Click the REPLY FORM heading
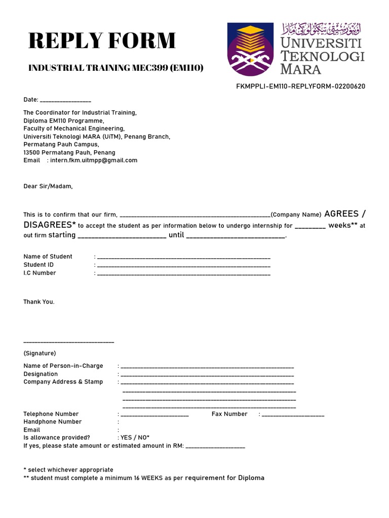(x=102, y=41)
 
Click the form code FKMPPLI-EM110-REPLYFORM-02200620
(x=300, y=87)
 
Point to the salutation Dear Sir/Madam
(x=48, y=186)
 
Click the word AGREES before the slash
(x=341, y=213)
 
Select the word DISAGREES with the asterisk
(x=50, y=225)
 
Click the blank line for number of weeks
(x=310, y=227)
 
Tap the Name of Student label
(x=48, y=256)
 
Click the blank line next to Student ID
(x=183, y=266)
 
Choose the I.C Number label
(x=40, y=273)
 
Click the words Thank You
(x=39, y=302)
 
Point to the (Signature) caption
(x=40, y=353)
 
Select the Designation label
(x=41, y=374)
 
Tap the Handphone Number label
(x=53, y=422)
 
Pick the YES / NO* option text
(x=135, y=438)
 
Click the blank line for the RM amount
(x=216, y=447)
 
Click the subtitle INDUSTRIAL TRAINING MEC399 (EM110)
(x=116, y=68)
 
